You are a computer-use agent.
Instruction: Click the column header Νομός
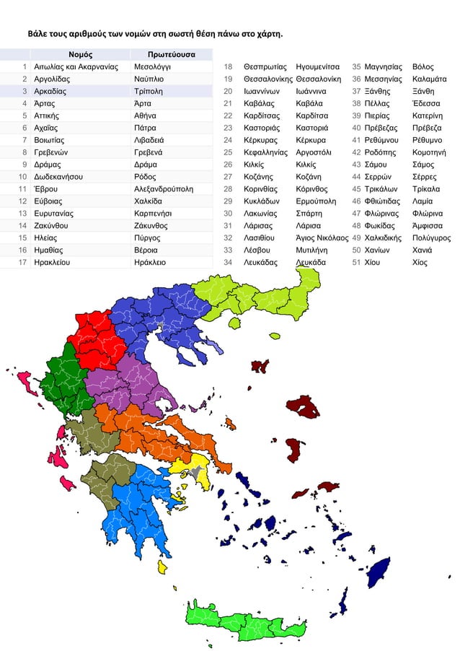click(x=80, y=54)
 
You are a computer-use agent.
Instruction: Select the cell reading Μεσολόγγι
click(x=152, y=66)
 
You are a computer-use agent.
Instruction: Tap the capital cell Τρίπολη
click(x=149, y=91)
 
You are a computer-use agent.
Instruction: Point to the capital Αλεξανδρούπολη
click(x=164, y=189)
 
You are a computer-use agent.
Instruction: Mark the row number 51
click(x=356, y=263)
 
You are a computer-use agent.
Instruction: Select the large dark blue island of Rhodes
click(x=376, y=572)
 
